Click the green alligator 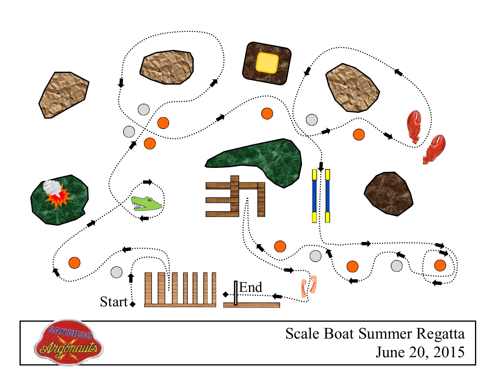(x=146, y=203)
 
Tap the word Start (x=114, y=302)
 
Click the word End (x=251, y=287)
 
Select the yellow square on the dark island (x=267, y=63)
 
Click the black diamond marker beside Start (x=132, y=304)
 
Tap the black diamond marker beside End (x=226, y=294)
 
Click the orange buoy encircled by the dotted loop (x=440, y=266)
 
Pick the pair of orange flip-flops (x=308, y=286)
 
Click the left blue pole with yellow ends (x=314, y=196)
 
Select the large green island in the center (x=260, y=158)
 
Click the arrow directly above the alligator (x=147, y=182)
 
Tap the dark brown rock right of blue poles (x=388, y=193)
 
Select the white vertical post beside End (x=236, y=293)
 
